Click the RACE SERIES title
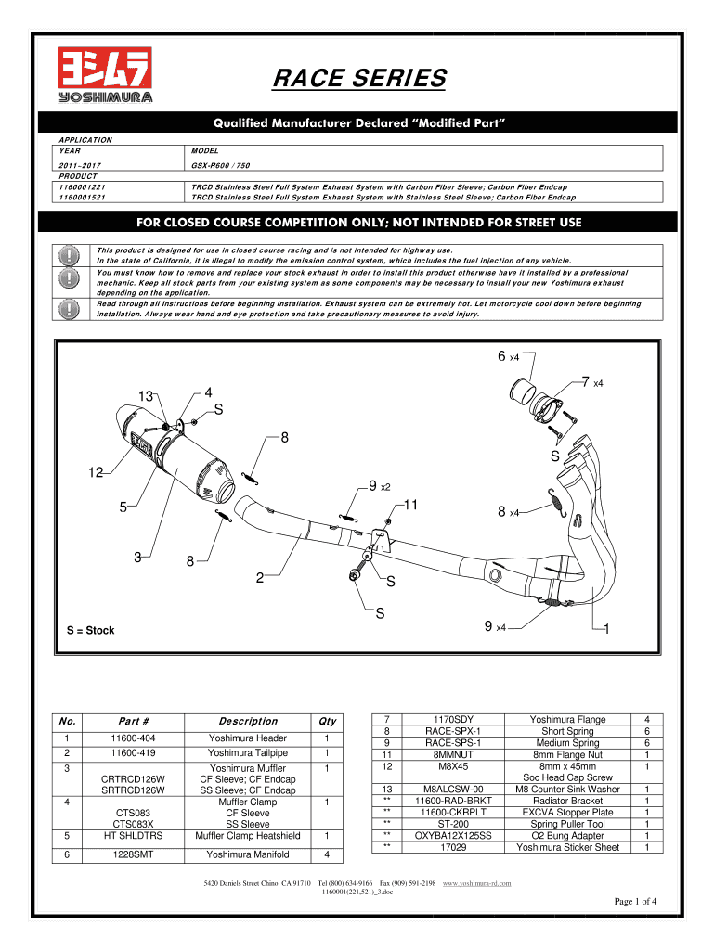[x=358, y=80]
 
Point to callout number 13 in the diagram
[x=146, y=397]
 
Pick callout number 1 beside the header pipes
[x=605, y=630]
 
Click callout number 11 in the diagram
[x=412, y=506]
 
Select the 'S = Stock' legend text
[x=90, y=631]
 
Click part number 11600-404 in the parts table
[x=138, y=738]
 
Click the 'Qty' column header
[x=326, y=721]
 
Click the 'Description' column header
[x=247, y=721]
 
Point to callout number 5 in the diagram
[x=123, y=507]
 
